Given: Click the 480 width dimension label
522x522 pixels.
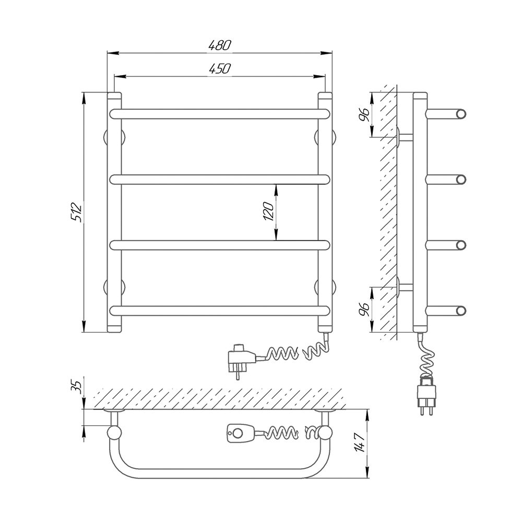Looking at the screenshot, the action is pos(219,45).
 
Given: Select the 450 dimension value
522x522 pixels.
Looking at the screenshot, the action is pos(219,68).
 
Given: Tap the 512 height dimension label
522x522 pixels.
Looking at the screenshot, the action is pos(76,212).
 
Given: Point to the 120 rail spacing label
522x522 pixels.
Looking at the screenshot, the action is pos(268,212).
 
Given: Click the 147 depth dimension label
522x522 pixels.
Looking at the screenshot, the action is pos(360,442).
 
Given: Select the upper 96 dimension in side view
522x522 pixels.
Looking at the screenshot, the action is pos(365,115).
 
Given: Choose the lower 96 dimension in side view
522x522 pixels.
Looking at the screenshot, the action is pos(365,310).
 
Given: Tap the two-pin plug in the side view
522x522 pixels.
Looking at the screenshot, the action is pos(426,396).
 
